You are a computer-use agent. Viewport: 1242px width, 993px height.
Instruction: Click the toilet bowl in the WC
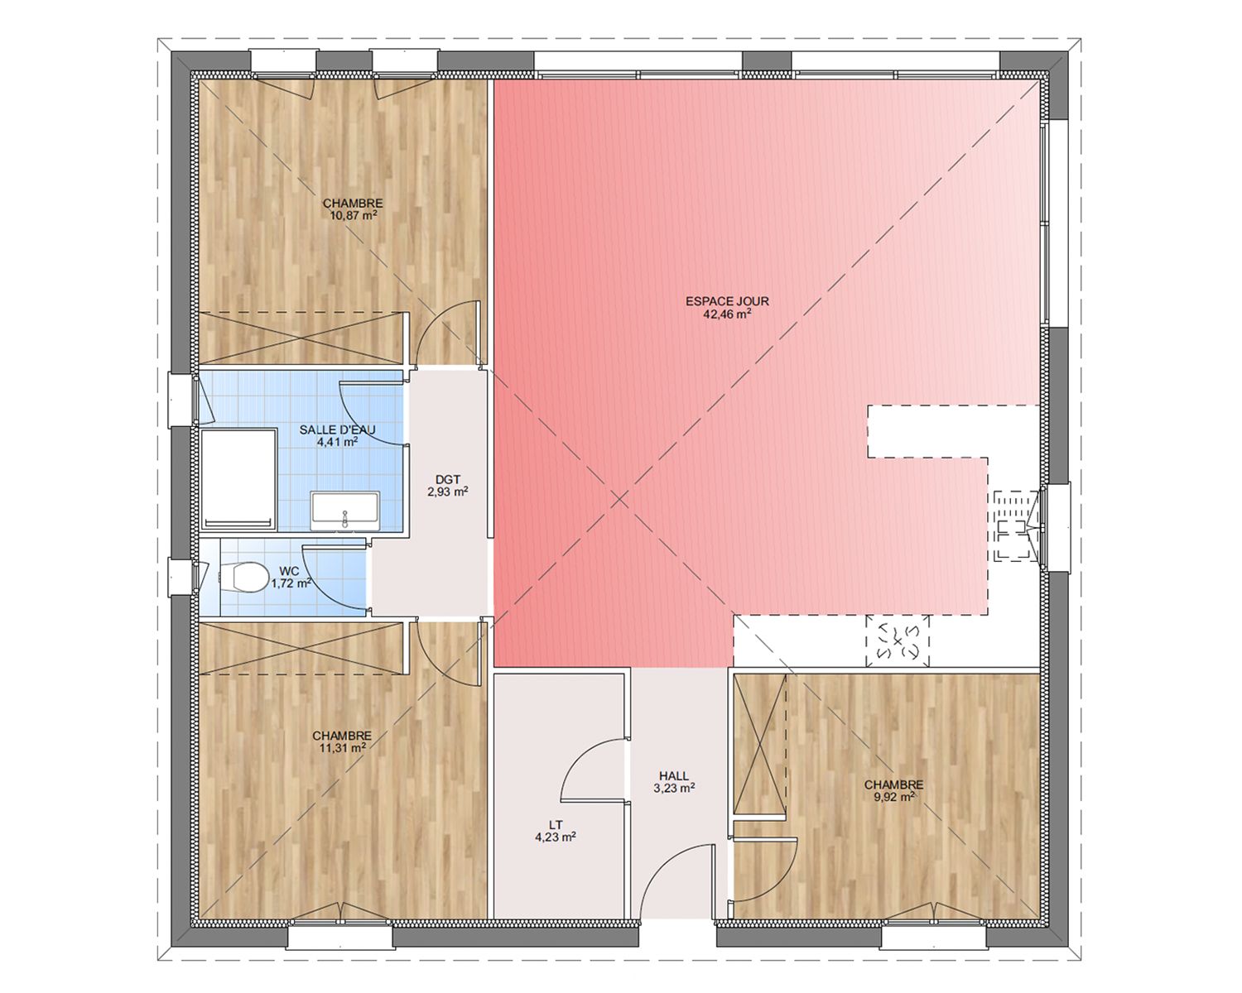pyautogui.click(x=243, y=577)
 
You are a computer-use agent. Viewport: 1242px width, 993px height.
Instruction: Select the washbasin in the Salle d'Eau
pyautogui.click(x=344, y=511)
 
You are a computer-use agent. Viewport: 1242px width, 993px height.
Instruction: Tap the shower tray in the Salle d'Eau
pyautogui.click(x=238, y=478)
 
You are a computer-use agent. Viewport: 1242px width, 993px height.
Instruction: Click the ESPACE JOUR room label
pyautogui.click(x=727, y=301)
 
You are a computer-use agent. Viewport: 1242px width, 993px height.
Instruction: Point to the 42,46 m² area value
pyautogui.click(x=727, y=314)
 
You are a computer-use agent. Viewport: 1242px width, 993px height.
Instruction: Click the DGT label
pyautogui.click(x=448, y=479)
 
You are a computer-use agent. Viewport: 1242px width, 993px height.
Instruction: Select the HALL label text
pyautogui.click(x=674, y=776)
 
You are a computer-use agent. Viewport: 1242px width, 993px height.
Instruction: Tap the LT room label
pyautogui.click(x=556, y=825)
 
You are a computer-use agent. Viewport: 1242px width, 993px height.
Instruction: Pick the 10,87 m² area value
pyautogui.click(x=353, y=216)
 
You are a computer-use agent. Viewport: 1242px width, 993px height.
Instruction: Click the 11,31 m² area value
pyautogui.click(x=342, y=748)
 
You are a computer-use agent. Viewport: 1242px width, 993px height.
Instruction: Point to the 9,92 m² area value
pyautogui.click(x=893, y=798)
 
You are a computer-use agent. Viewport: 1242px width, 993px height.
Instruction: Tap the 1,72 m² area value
pyautogui.click(x=291, y=583)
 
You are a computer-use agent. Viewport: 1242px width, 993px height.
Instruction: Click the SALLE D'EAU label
pyautogui.click(x=337, y=429)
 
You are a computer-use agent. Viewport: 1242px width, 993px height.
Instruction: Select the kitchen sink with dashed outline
pyautogui.click(x=1015, y=525)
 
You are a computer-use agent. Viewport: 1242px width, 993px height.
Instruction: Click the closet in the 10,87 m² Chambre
pyautogui.click(x=301, y=338)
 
